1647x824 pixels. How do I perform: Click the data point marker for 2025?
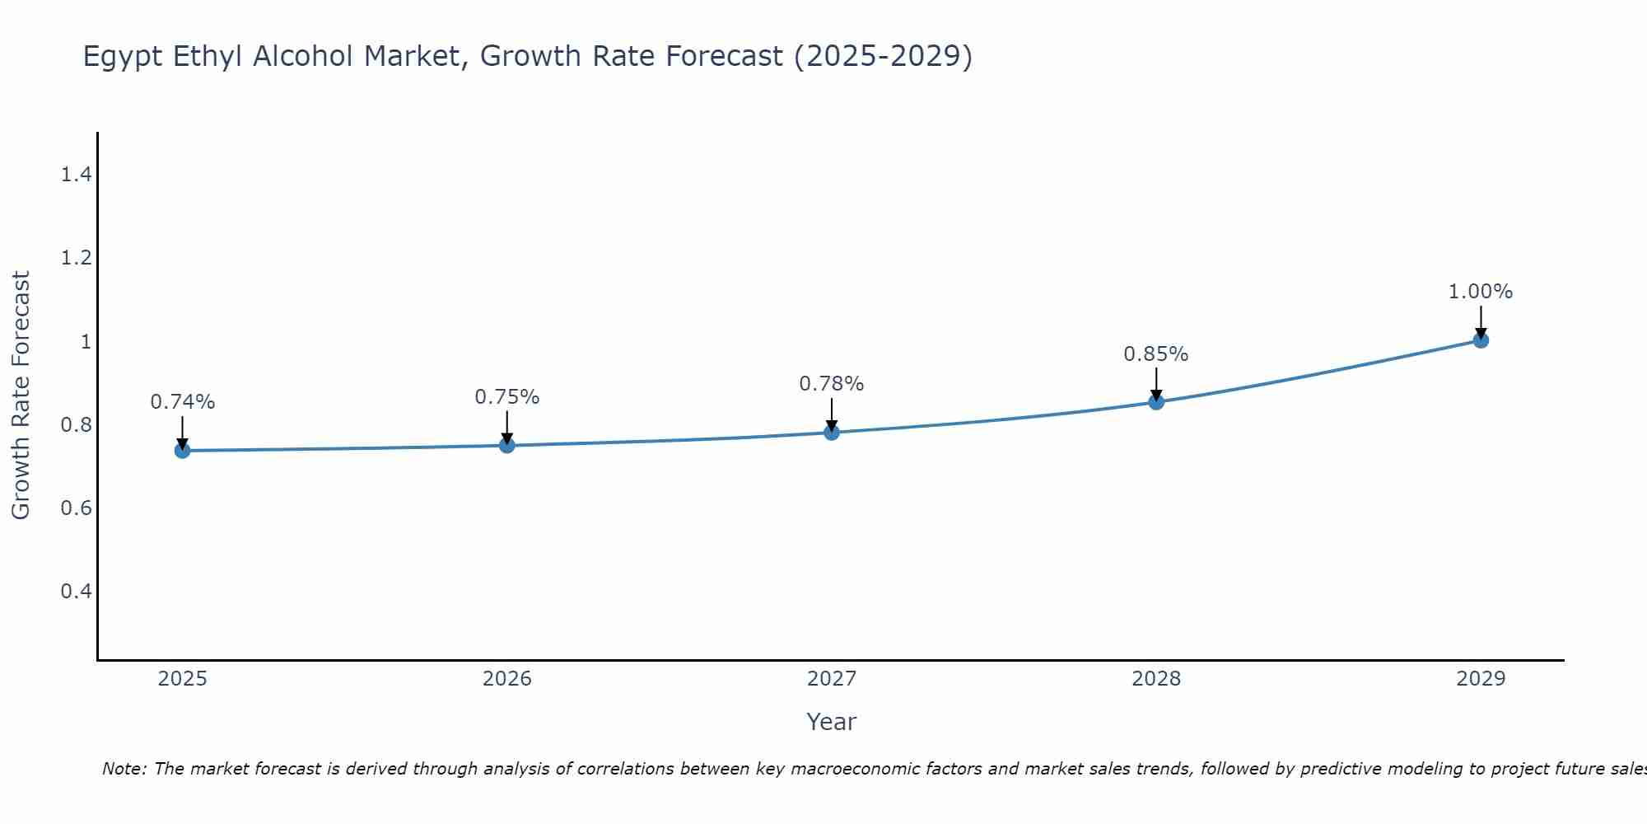[183, 450]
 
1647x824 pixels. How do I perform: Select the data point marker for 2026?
[507, 445]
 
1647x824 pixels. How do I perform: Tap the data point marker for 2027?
[832, 432]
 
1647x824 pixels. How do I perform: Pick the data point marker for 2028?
[1156, 402]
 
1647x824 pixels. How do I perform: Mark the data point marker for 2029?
[1481, 340]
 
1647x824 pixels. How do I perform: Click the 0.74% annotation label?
[183, 402]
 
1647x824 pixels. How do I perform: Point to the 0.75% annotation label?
[507, 397]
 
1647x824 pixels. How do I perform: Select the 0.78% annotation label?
[832, 384]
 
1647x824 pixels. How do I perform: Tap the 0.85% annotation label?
[1156, 354]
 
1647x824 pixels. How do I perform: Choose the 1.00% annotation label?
[1481, 292]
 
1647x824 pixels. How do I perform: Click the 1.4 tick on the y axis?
[76, 175]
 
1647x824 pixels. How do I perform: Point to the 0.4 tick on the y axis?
[76, 592]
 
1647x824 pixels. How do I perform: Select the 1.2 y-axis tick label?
[76, 258]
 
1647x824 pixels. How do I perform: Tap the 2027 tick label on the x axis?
[832, 679]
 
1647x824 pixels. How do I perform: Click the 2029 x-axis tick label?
[1481, 679]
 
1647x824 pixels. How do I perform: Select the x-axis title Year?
[832, 722]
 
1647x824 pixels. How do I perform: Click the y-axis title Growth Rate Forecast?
[21, 396]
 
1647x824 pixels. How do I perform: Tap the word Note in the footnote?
[124, 769]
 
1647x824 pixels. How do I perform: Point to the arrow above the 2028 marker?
[1156, 383]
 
